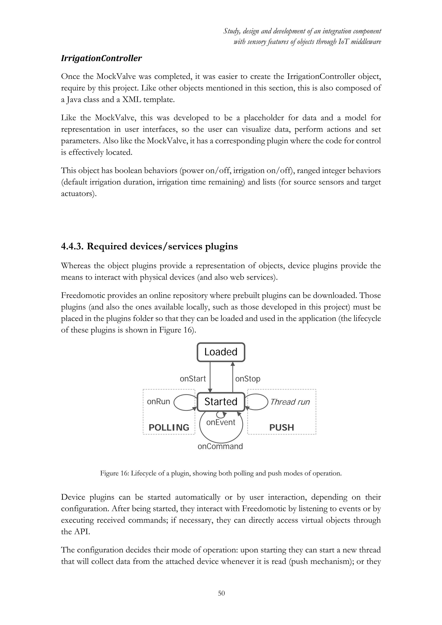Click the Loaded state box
pyautogui.click(x=221, y=352)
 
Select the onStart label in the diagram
pyautogui.click(x=193, y=379)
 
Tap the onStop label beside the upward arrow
pyautogui.click(x=248, y=379)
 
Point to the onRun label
pyautogui.click(x=158, y=401)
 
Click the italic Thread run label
pyautogui.click(x=290, y=402)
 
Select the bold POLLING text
pyautogui.click(x=169, y=427)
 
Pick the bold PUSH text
pyautogui.click(x=281, y=427)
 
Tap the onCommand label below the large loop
pyautogui.click(x=220, y=447)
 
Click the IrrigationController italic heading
pyautogui.click(x=101, y=58)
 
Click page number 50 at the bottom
pyautogui.click(x=221, y=593)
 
